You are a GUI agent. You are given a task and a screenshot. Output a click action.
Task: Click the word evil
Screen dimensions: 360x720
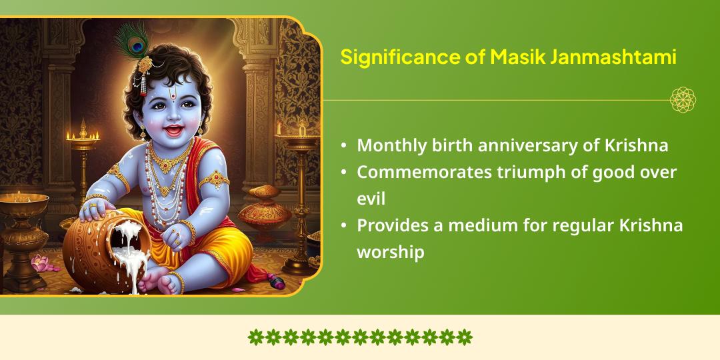[x=371, y=199]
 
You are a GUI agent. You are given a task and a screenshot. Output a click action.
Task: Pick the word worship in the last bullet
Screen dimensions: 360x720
[x=390, y=253]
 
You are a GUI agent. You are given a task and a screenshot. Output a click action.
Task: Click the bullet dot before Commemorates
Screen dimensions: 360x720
[x=343, y=172]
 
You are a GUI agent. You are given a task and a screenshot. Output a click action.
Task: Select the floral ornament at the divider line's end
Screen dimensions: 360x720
[x=683, y=100]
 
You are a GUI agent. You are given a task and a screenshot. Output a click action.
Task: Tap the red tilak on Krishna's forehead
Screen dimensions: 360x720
[x=173, y=95]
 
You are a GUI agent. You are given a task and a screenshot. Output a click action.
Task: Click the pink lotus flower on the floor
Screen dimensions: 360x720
[x=41, y=263]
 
